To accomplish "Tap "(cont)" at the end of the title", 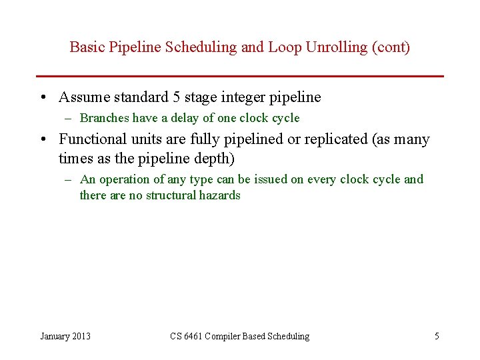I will (x=393, y=47).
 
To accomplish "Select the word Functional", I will (x=91, y=139).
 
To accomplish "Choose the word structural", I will (x=171, y=195).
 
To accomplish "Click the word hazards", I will (x=219, y=195).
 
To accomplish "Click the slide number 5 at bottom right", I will (x=437, y=336).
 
